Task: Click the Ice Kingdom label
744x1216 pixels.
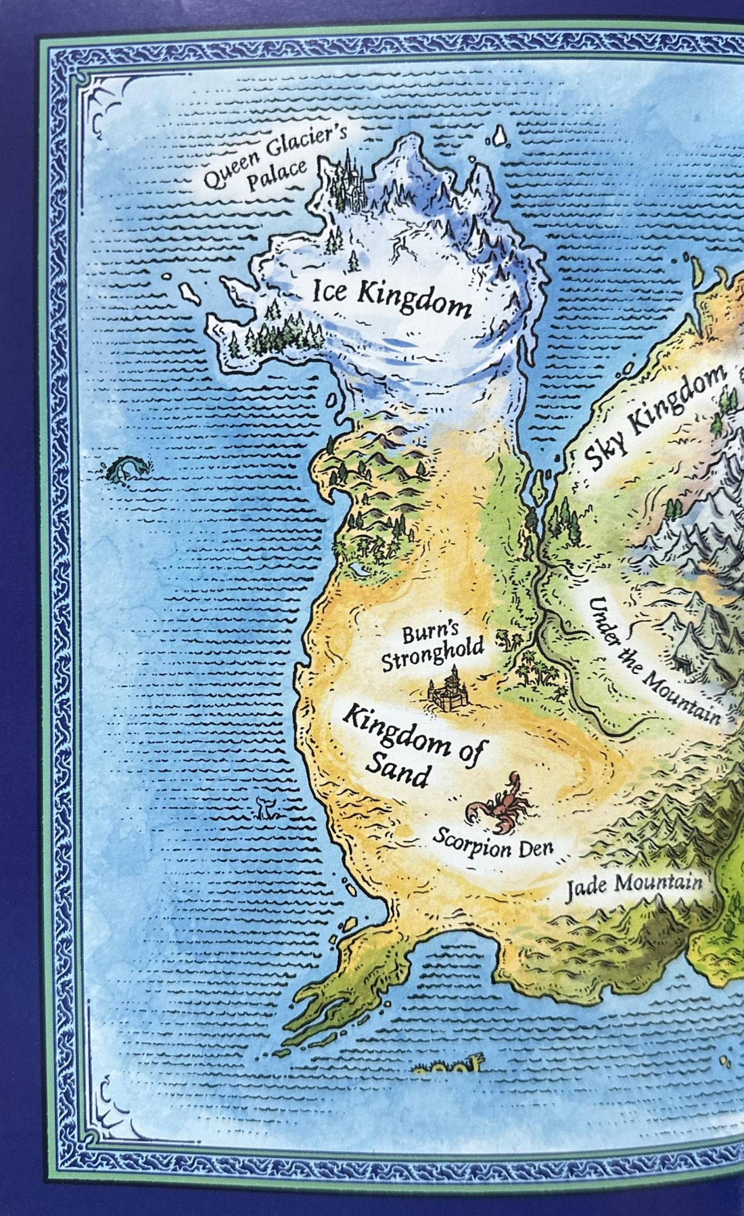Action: tap(391, 298)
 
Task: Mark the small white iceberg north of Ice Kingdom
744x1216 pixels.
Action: tap(500, 137)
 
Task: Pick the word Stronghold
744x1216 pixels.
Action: tap(433, 656)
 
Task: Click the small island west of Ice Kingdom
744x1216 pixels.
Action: tap(188, 293)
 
